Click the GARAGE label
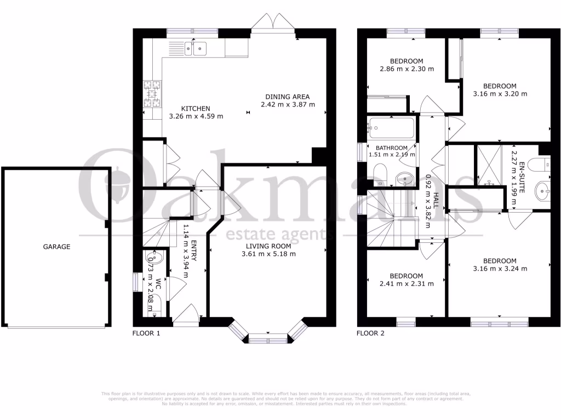tap(56, 247)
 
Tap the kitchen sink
tap(194, 49)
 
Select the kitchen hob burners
tap(152, 94)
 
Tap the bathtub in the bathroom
tap(390, 129)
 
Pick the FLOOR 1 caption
tap(147, 332)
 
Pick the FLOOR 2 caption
tap(370, 332)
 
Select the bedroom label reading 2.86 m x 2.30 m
tap(407, 69)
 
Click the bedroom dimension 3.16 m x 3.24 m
tap(500, 269)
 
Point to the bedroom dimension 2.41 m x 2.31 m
tap(406, 283)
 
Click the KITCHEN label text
tap(196, 108)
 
